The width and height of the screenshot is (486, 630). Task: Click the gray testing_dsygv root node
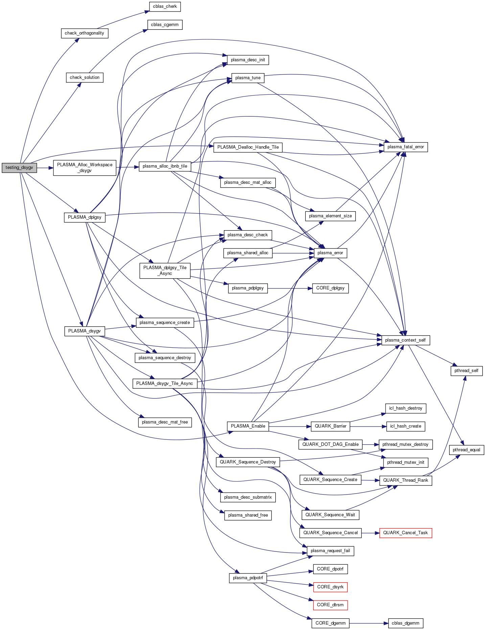(19, 168)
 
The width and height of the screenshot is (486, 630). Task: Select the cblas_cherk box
(165, 6)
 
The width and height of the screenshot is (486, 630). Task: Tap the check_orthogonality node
(85, 33)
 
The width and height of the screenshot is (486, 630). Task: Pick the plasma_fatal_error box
(406, 147)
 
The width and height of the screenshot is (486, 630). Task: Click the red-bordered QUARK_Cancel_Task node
(406, 533)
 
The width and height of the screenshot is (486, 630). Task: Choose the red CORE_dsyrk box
(330, 587)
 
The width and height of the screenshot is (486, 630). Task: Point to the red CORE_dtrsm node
(330, 605)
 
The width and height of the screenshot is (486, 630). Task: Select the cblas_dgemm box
(406, 623)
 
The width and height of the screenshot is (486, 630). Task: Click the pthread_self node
(466, 371)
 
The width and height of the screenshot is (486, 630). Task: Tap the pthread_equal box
(466, 450)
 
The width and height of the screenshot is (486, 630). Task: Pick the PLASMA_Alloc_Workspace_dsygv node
(85, 168)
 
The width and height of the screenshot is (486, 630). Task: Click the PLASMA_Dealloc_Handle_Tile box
(248, 147)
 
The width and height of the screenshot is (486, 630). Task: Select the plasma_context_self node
(406, 340)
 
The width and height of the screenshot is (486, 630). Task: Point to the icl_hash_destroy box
(406, 408)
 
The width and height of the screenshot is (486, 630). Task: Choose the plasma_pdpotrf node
(248, 578)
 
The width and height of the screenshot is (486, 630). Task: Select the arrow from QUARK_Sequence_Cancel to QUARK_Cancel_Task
(370, 533)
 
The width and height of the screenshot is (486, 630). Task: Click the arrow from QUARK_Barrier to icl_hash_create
(368, 426)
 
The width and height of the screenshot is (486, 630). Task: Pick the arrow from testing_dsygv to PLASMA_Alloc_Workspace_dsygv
(45, 168)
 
